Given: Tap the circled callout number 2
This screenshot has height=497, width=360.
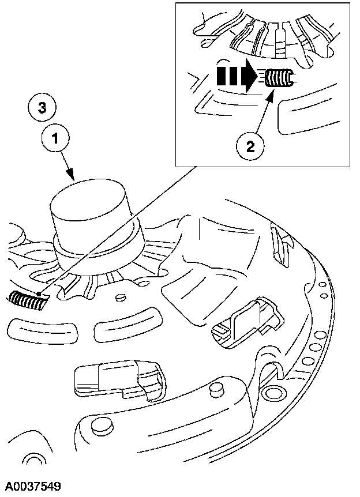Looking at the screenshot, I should (249, 146).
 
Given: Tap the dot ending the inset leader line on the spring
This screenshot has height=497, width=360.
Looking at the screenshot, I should (39, 295).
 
